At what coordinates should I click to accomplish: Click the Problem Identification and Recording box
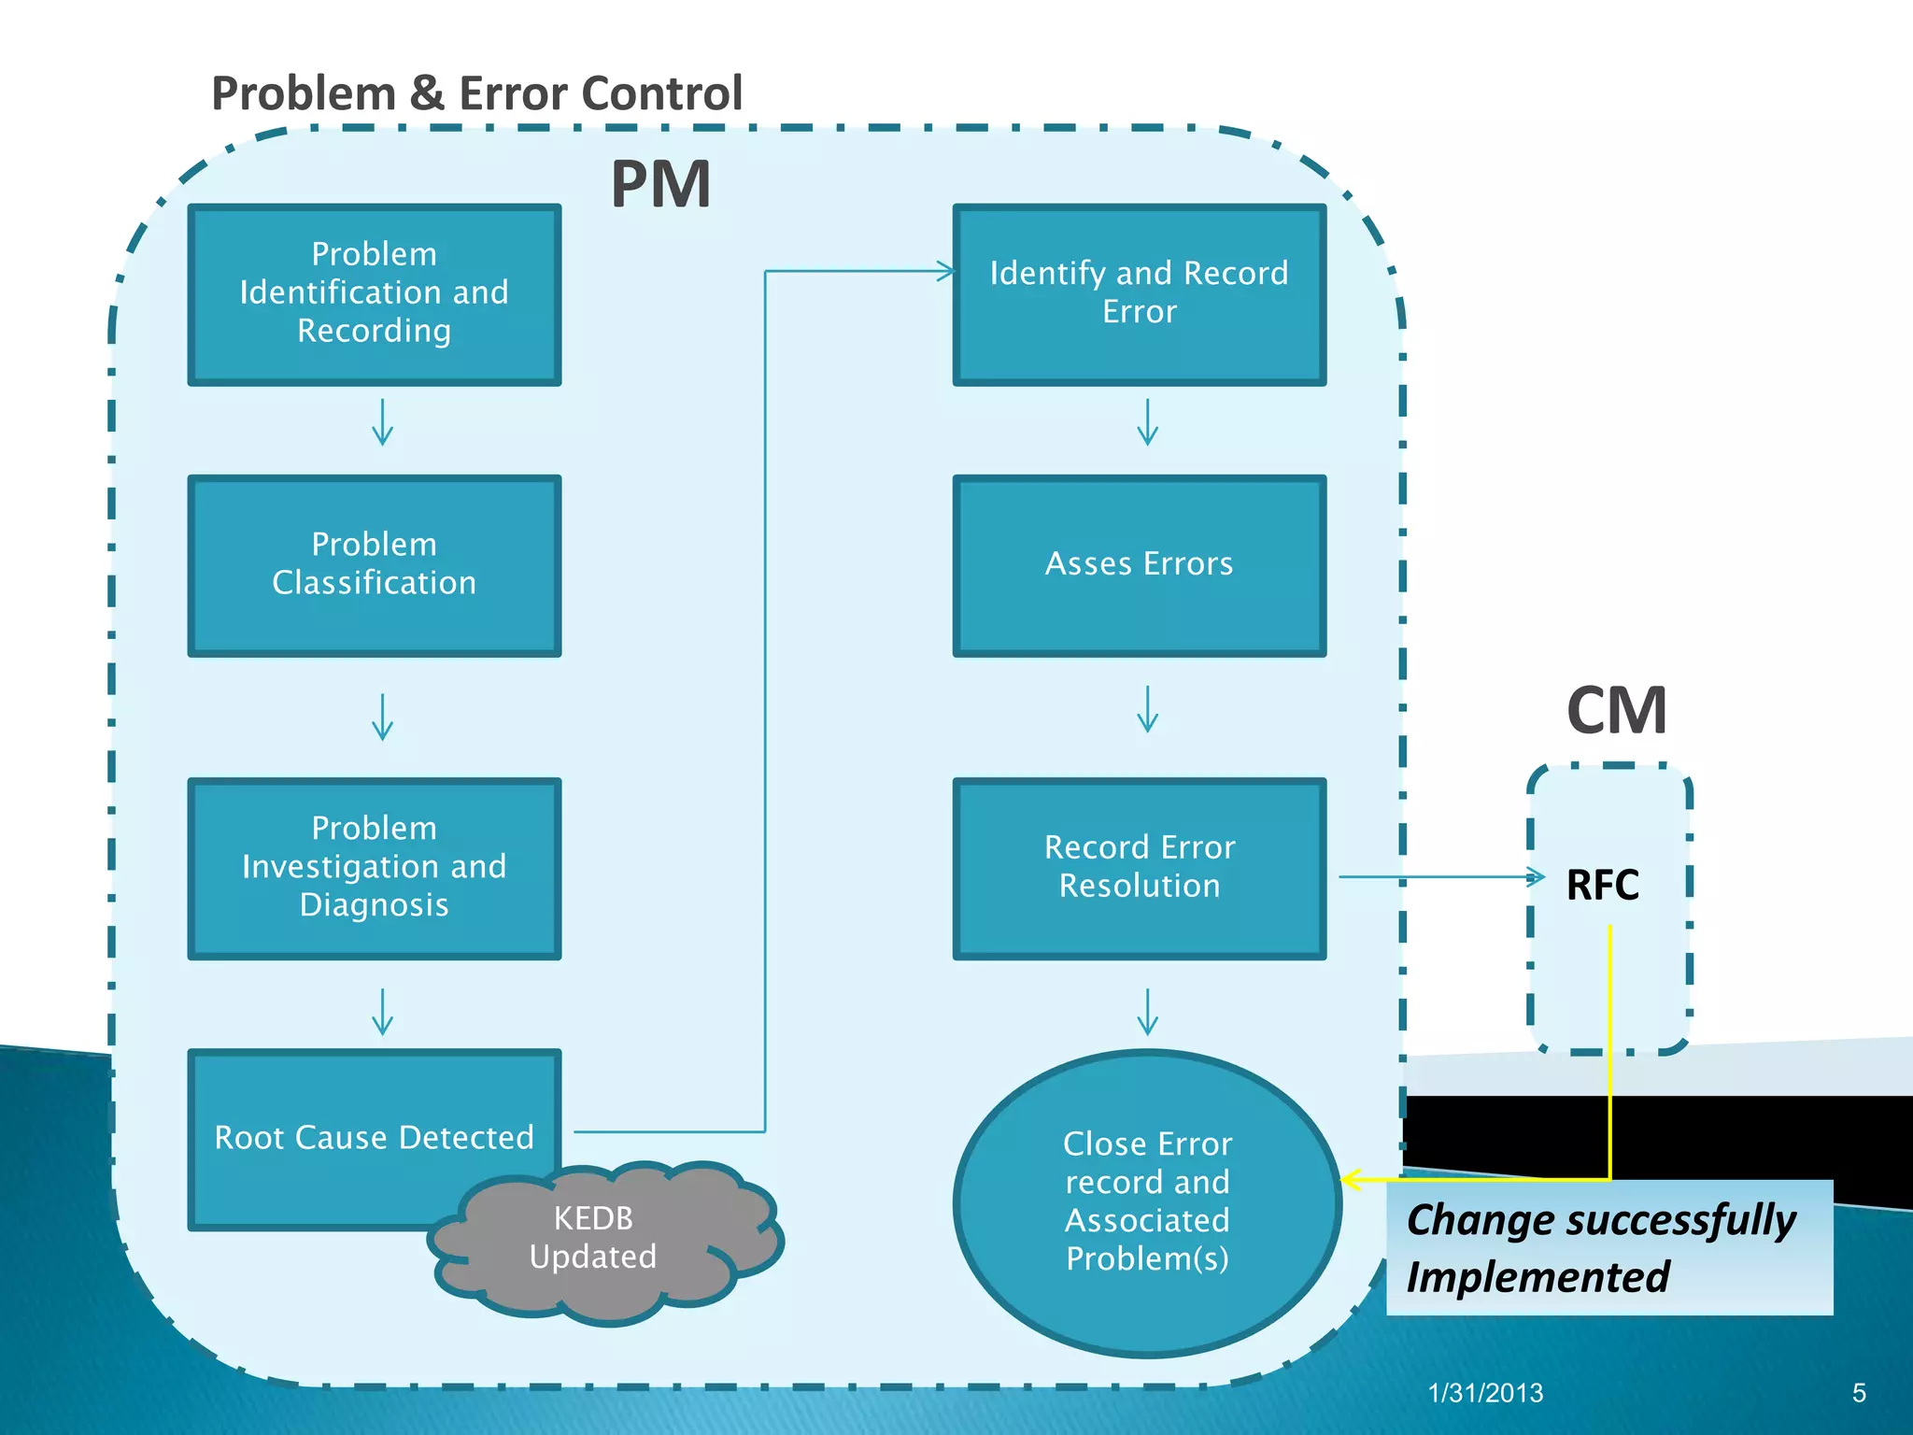(x=374, y=294)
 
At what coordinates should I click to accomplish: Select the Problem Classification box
(x=374, y=565)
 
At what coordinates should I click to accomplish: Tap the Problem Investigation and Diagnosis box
(x=374, y=867)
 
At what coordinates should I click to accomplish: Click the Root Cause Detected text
(x=374, y=1137)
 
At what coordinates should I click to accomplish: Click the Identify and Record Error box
(x=1139, y=294)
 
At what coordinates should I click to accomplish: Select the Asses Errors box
(x=1139, y=565)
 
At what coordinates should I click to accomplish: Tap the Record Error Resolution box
(x=1139, y=867)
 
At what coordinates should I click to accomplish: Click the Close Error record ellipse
(x=1147, y=1202)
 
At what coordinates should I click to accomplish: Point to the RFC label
(x=1602, y=885)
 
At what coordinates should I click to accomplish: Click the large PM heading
(x=660, y=185)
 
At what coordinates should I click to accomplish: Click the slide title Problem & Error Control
(x=476, y=93)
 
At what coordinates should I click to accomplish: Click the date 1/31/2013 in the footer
(x=1485, y=1393)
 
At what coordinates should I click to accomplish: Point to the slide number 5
(x=1859, y=1393)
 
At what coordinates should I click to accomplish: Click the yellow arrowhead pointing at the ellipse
(x=1351, y=1180)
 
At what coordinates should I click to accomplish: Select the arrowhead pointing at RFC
(x=1535, y=876)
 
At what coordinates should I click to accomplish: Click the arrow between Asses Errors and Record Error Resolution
(x=1147, y=710)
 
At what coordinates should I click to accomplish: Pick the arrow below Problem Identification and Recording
(x=382, y=422)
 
